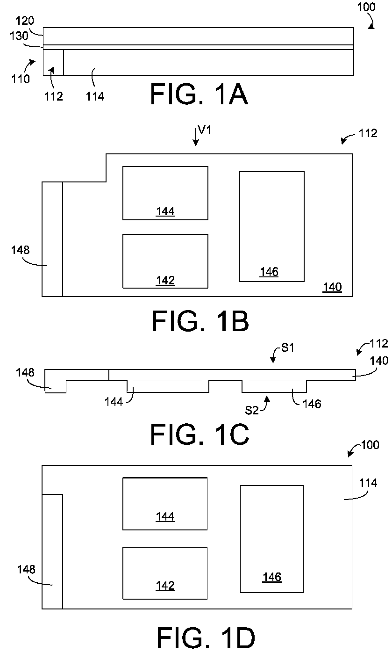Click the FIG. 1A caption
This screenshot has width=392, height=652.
199,94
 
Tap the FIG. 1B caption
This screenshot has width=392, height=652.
200,321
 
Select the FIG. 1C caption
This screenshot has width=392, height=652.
200,435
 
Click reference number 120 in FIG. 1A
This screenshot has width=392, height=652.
25,21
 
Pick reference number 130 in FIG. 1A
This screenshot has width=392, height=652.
19,36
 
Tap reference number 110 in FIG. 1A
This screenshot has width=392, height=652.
21,79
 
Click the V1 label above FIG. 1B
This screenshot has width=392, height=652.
204,130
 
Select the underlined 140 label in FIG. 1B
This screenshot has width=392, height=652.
332,287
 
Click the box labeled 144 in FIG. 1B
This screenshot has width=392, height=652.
165,193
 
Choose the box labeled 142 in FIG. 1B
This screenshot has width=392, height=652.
165,261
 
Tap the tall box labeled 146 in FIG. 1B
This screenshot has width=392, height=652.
272,226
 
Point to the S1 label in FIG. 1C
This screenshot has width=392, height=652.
288,348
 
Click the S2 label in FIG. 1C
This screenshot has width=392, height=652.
252,410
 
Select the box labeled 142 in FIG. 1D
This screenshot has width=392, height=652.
165,573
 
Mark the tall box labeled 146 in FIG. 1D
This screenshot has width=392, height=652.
272,539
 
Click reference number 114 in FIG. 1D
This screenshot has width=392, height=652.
368,483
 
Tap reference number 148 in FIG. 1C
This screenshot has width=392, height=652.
25,372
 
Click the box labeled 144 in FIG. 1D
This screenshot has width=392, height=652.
165,504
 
